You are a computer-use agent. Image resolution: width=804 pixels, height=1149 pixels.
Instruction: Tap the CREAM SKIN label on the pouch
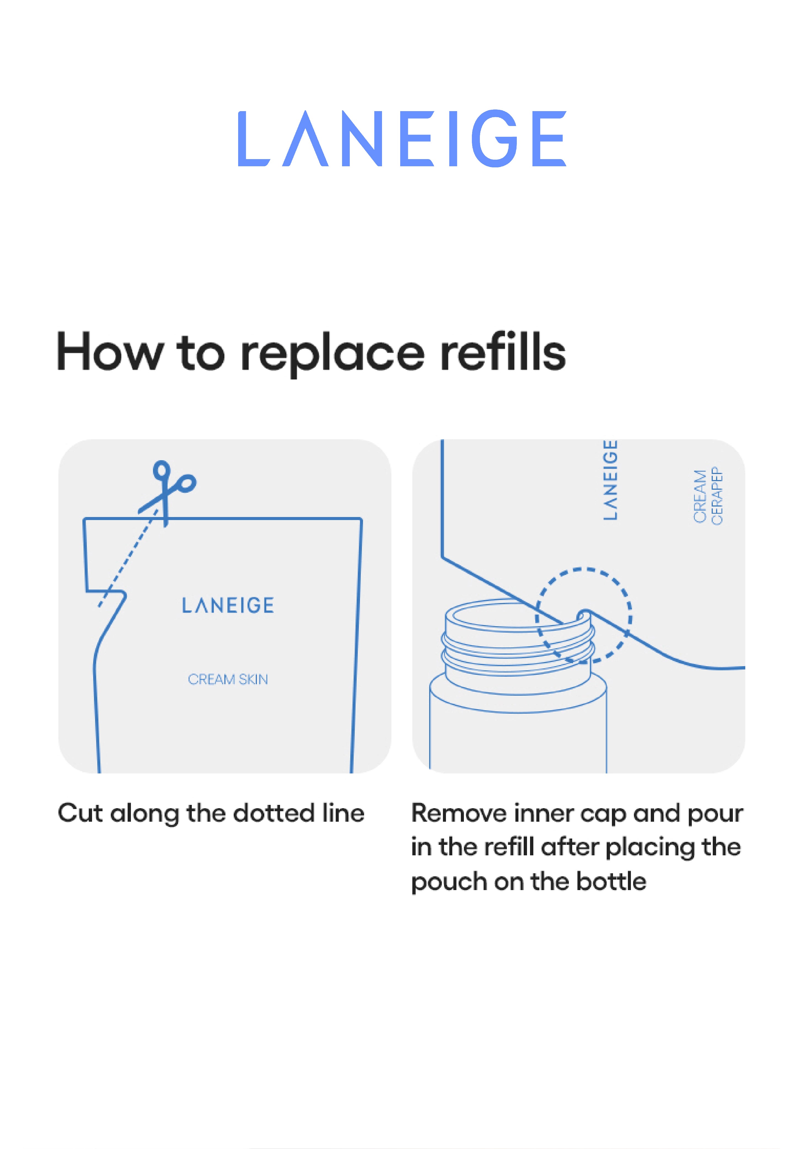[x=228, y=679]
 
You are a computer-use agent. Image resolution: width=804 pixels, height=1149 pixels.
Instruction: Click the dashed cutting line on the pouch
[x=129, y=558]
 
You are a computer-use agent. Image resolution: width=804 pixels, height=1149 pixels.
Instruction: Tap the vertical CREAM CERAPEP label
[x=708, y=496]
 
